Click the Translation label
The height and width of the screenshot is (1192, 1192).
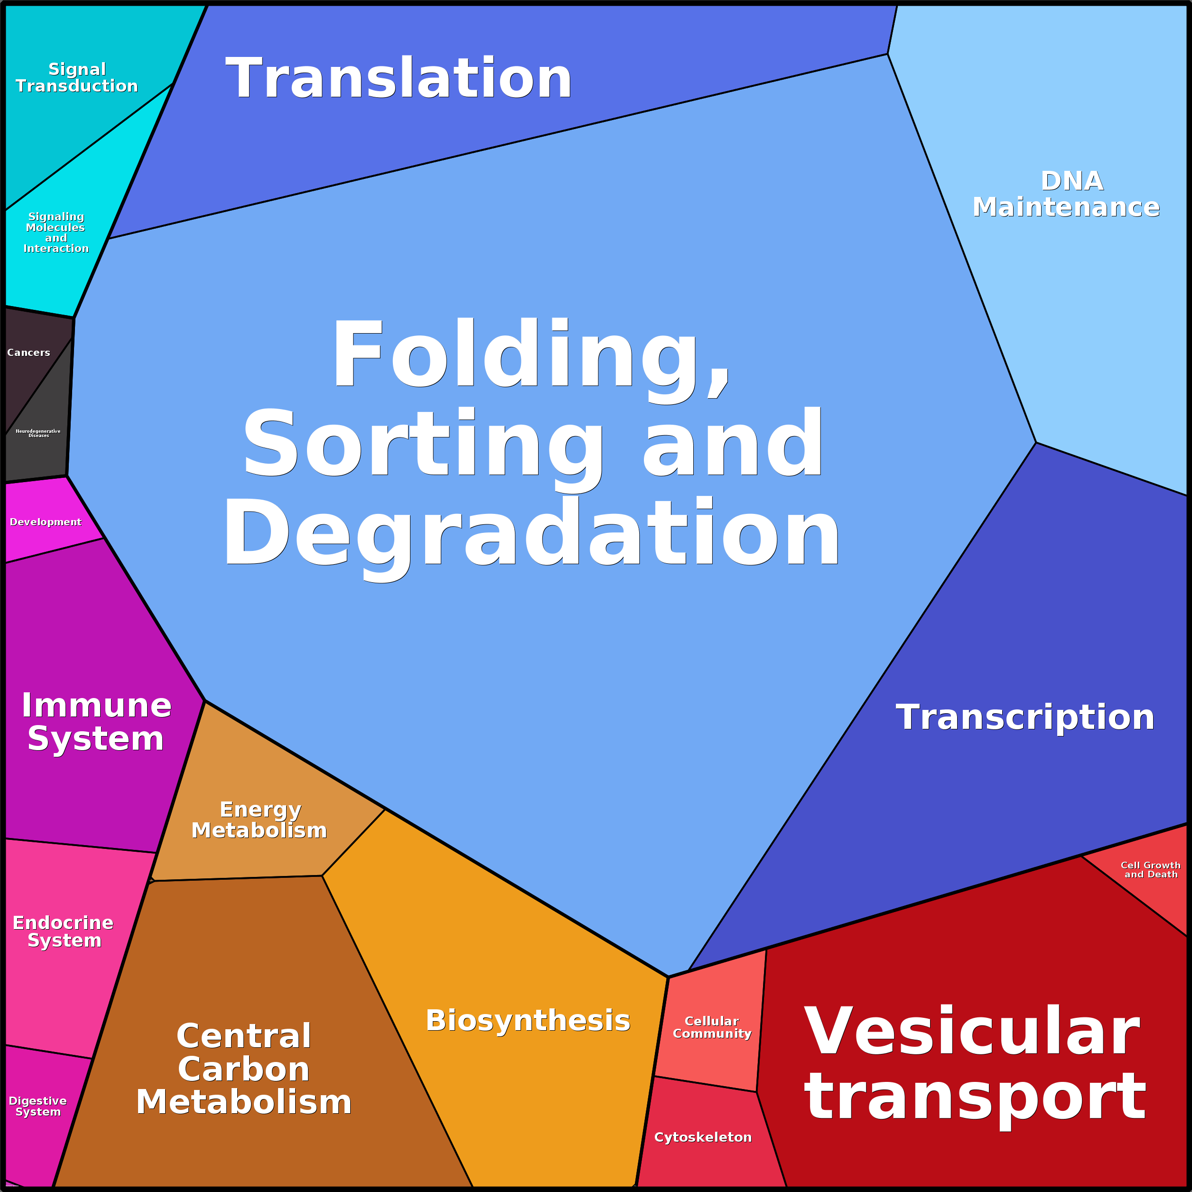point(399,78)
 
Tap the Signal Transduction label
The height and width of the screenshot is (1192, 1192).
point(76,78)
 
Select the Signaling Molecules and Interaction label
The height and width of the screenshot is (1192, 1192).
point(56,232)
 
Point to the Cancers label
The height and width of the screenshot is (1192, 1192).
point(28,352)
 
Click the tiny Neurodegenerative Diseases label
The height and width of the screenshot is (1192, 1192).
point(38,433)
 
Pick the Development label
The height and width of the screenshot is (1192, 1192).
point(46,522)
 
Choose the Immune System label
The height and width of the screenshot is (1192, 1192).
point(96,721)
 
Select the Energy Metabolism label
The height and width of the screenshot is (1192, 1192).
point(259,820)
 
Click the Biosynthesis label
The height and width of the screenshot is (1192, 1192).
point(528,1021)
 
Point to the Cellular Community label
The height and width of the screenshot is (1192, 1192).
point(712,1027)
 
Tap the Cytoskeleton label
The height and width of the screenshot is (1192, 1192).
point(703,1137)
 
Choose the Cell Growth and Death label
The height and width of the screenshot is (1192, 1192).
point(1151,870)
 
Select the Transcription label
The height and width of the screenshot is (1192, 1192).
point(1025,717)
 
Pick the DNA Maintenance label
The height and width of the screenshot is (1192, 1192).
point(1066,195)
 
